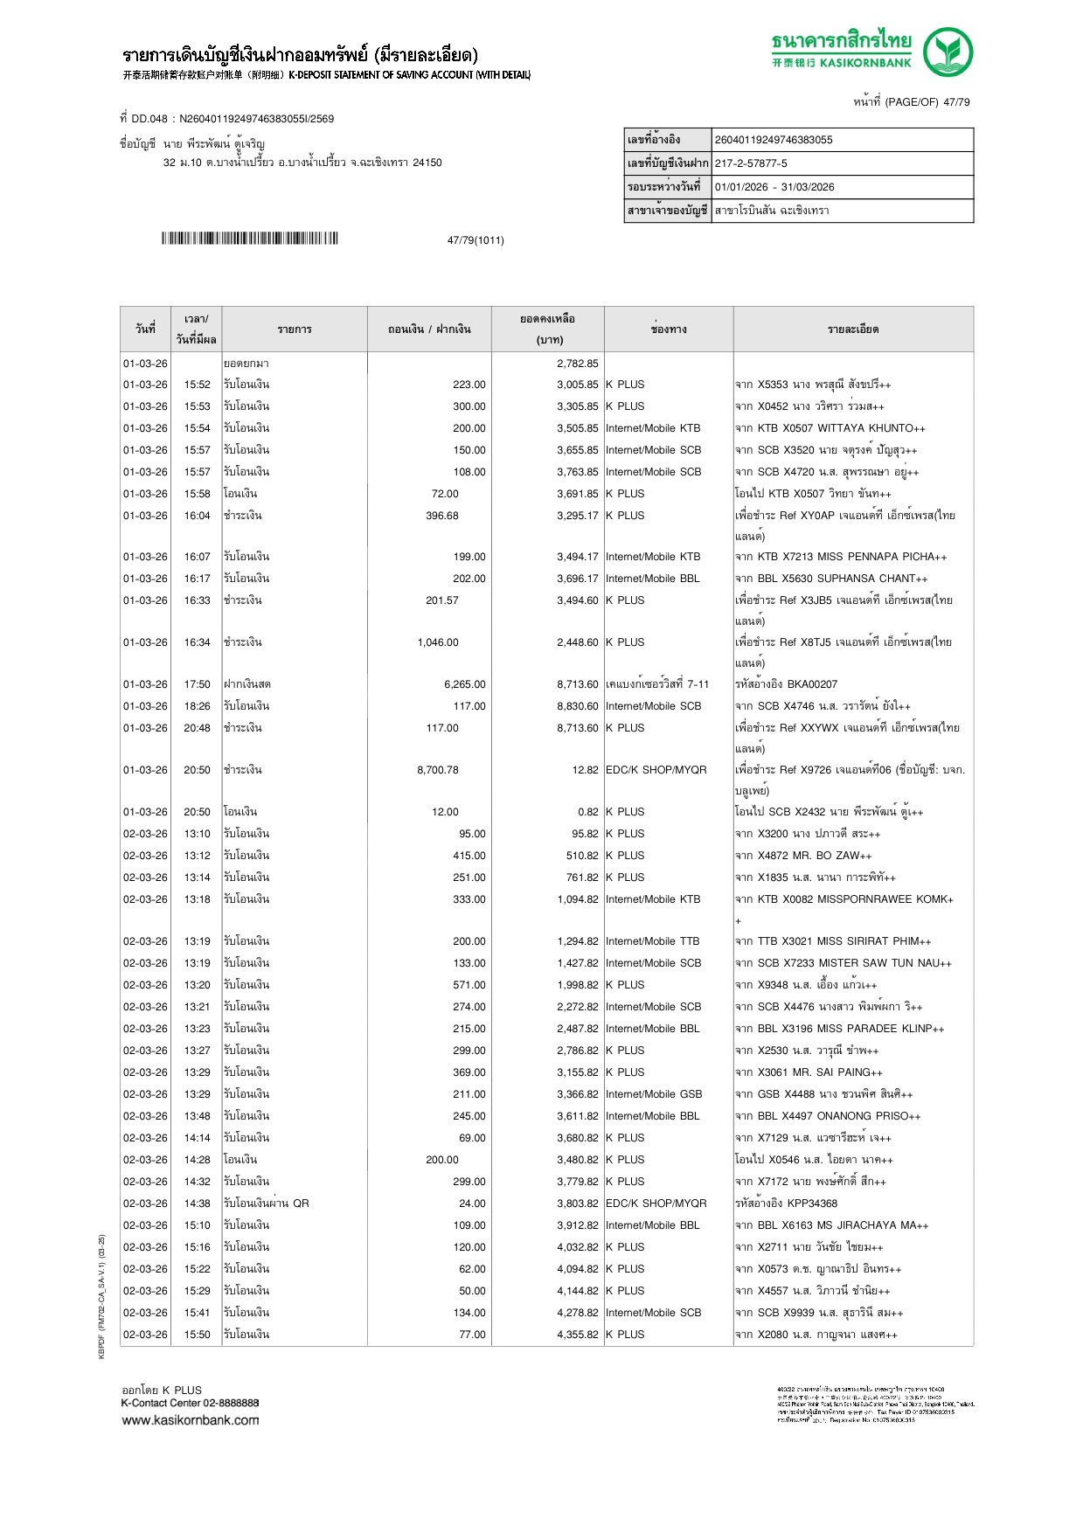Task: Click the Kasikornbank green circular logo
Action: (x=948, y=52)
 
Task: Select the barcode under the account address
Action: (x=249, y=239)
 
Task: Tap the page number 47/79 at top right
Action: (x=956, y=102)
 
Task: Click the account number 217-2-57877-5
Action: (x=751, y=163)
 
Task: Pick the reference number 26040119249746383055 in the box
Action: (x=774, y=140)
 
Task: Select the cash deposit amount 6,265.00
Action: (x=464, y=684)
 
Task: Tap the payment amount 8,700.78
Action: (x=437, y=770)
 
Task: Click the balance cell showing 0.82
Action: (x=587, y=812)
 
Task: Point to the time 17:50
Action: (x=197, y=684)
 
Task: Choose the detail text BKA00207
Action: (x=811, y=684)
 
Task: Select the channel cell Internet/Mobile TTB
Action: (x=652, y=941)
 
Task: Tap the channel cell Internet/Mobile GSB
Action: (x=653, y=1094)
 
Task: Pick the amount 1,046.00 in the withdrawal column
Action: (x=437, y=642)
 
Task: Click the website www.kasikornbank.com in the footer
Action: (x=191, y=1420)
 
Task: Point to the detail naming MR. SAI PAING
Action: (x=809, y=1072)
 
